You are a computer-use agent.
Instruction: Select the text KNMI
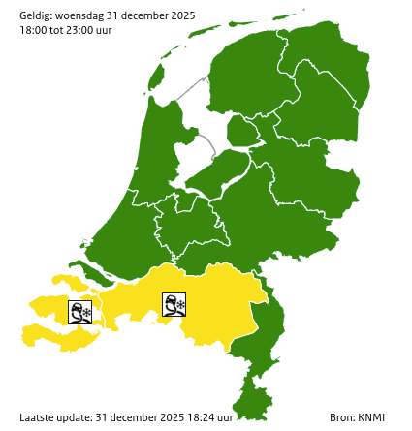371,417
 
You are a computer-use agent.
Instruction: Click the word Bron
341,417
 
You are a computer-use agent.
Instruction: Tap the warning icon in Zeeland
80,313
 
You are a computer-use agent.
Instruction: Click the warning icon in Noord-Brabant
174,306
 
